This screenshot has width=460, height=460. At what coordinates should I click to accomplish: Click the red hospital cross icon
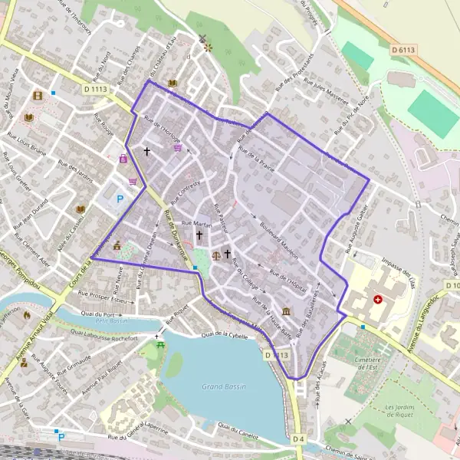coord(377,300)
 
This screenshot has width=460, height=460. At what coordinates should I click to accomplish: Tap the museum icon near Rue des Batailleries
coord(286,311)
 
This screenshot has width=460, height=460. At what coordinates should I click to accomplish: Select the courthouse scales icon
coord(215,255)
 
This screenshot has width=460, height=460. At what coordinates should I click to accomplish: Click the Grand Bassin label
coord(223,387)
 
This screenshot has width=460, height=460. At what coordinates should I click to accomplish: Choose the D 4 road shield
coord(298,439)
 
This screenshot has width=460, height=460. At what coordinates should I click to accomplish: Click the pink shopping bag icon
coord(123,159)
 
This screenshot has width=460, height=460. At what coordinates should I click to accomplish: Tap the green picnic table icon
coord(160,346)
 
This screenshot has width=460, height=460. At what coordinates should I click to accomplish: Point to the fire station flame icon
coord(28,314)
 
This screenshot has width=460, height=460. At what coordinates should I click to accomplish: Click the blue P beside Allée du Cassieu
coord(120,198)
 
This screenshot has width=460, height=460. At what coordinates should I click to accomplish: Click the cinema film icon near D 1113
coord(38,96)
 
